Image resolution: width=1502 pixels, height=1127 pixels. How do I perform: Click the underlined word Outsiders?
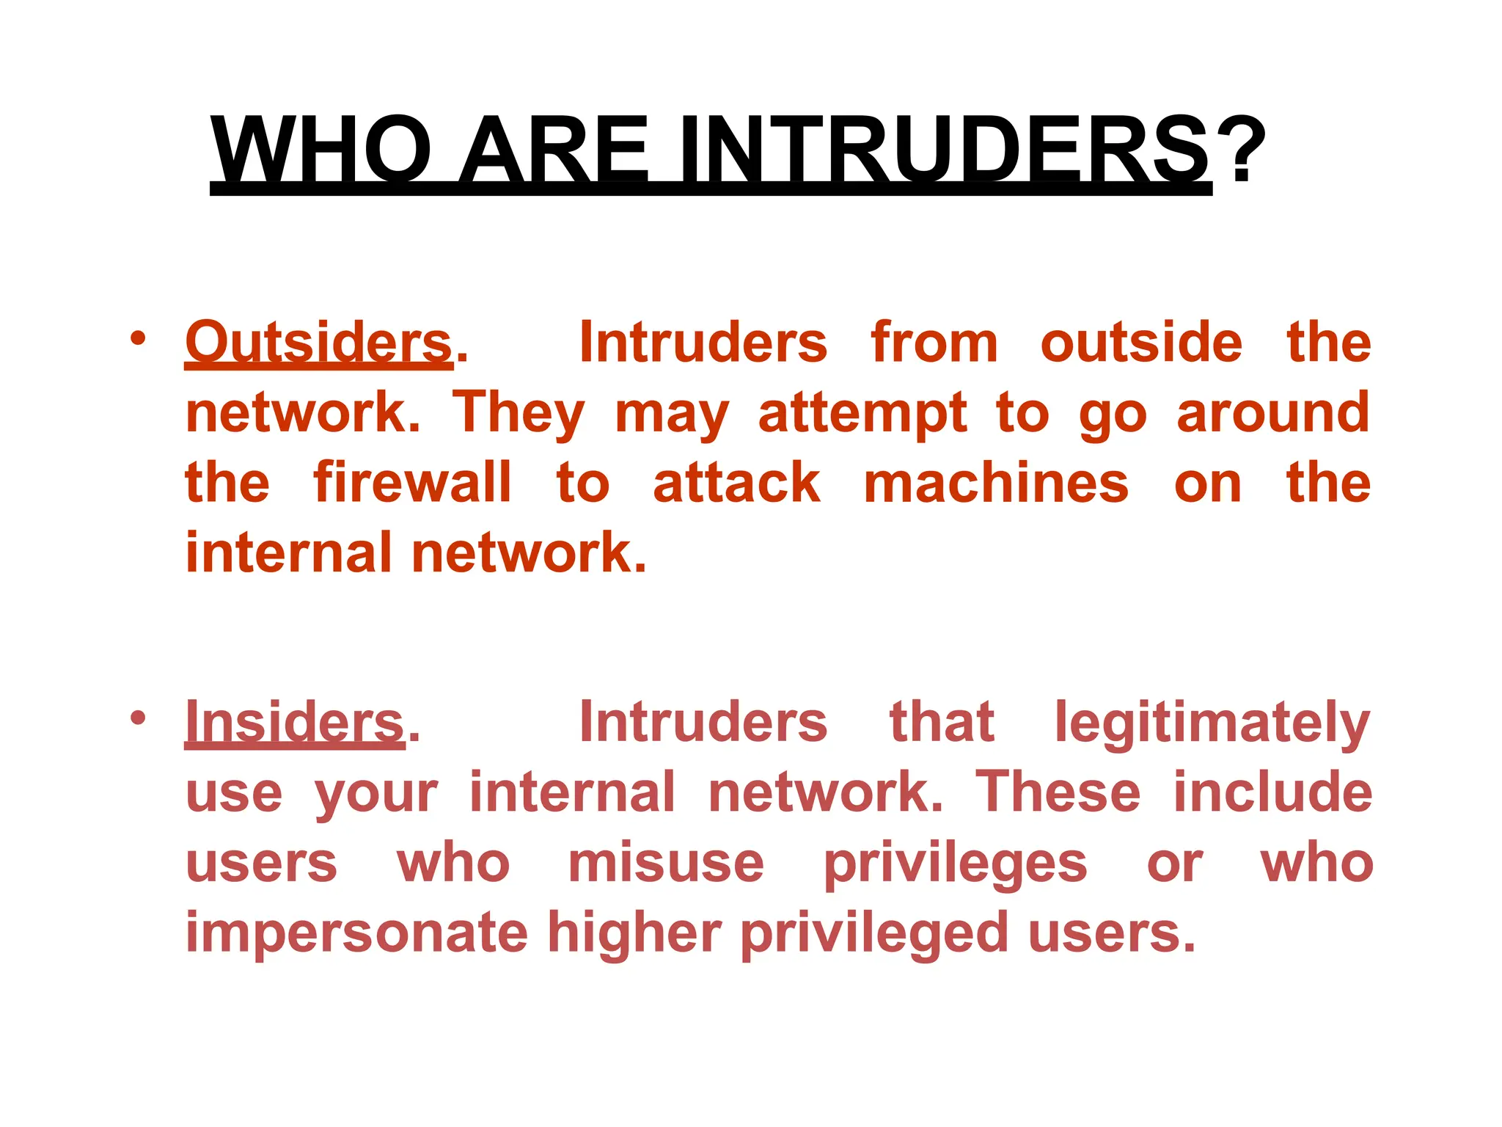(x=319, y=343)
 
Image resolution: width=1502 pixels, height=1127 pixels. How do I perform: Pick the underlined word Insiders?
(x=295, y=722)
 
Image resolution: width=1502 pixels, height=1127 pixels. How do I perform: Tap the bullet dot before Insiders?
(x=137, y=718)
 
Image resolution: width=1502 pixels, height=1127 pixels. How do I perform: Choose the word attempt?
(x=862, y=415)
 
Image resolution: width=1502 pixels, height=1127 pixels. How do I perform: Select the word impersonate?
(x=356, y=934)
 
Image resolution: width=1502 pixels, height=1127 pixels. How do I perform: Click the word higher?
(x=634, y=934)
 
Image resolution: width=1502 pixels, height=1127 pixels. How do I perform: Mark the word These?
(x=1058, y=792)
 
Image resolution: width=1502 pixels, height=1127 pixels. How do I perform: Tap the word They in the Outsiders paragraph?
(x=519, y=415)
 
